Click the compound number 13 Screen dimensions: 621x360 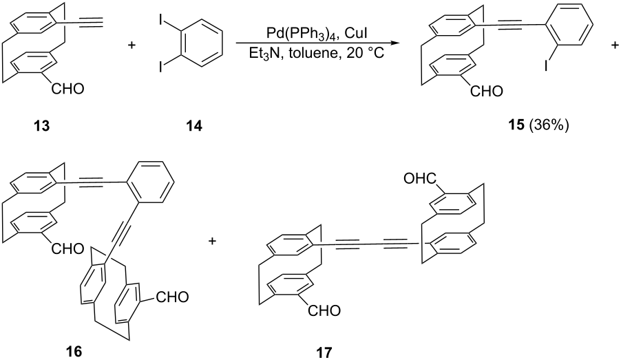click(42, 126)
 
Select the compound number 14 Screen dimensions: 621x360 click(194, 126)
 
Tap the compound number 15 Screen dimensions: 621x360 click(516, 126)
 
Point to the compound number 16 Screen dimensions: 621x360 click(74, 350)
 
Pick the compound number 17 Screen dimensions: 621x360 click(324, 352)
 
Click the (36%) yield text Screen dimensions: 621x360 click(549, 126)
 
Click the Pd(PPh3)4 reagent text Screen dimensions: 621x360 click(302, 34)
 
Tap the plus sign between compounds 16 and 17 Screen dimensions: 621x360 click(213, 241)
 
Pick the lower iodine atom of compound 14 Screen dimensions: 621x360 click(160, 67)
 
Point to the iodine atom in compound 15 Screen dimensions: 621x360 click(546, 66)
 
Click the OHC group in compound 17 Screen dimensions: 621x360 click(421, 178)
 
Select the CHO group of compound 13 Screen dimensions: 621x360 click(67, 89)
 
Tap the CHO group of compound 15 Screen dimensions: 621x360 click(486, 92)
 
